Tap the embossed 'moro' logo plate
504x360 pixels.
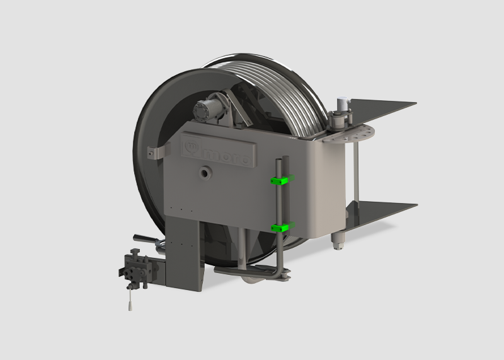tap(218, 150)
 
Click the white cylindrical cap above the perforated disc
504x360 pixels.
tap(343, 102)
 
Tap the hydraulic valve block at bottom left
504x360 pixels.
tap(135, 267)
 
